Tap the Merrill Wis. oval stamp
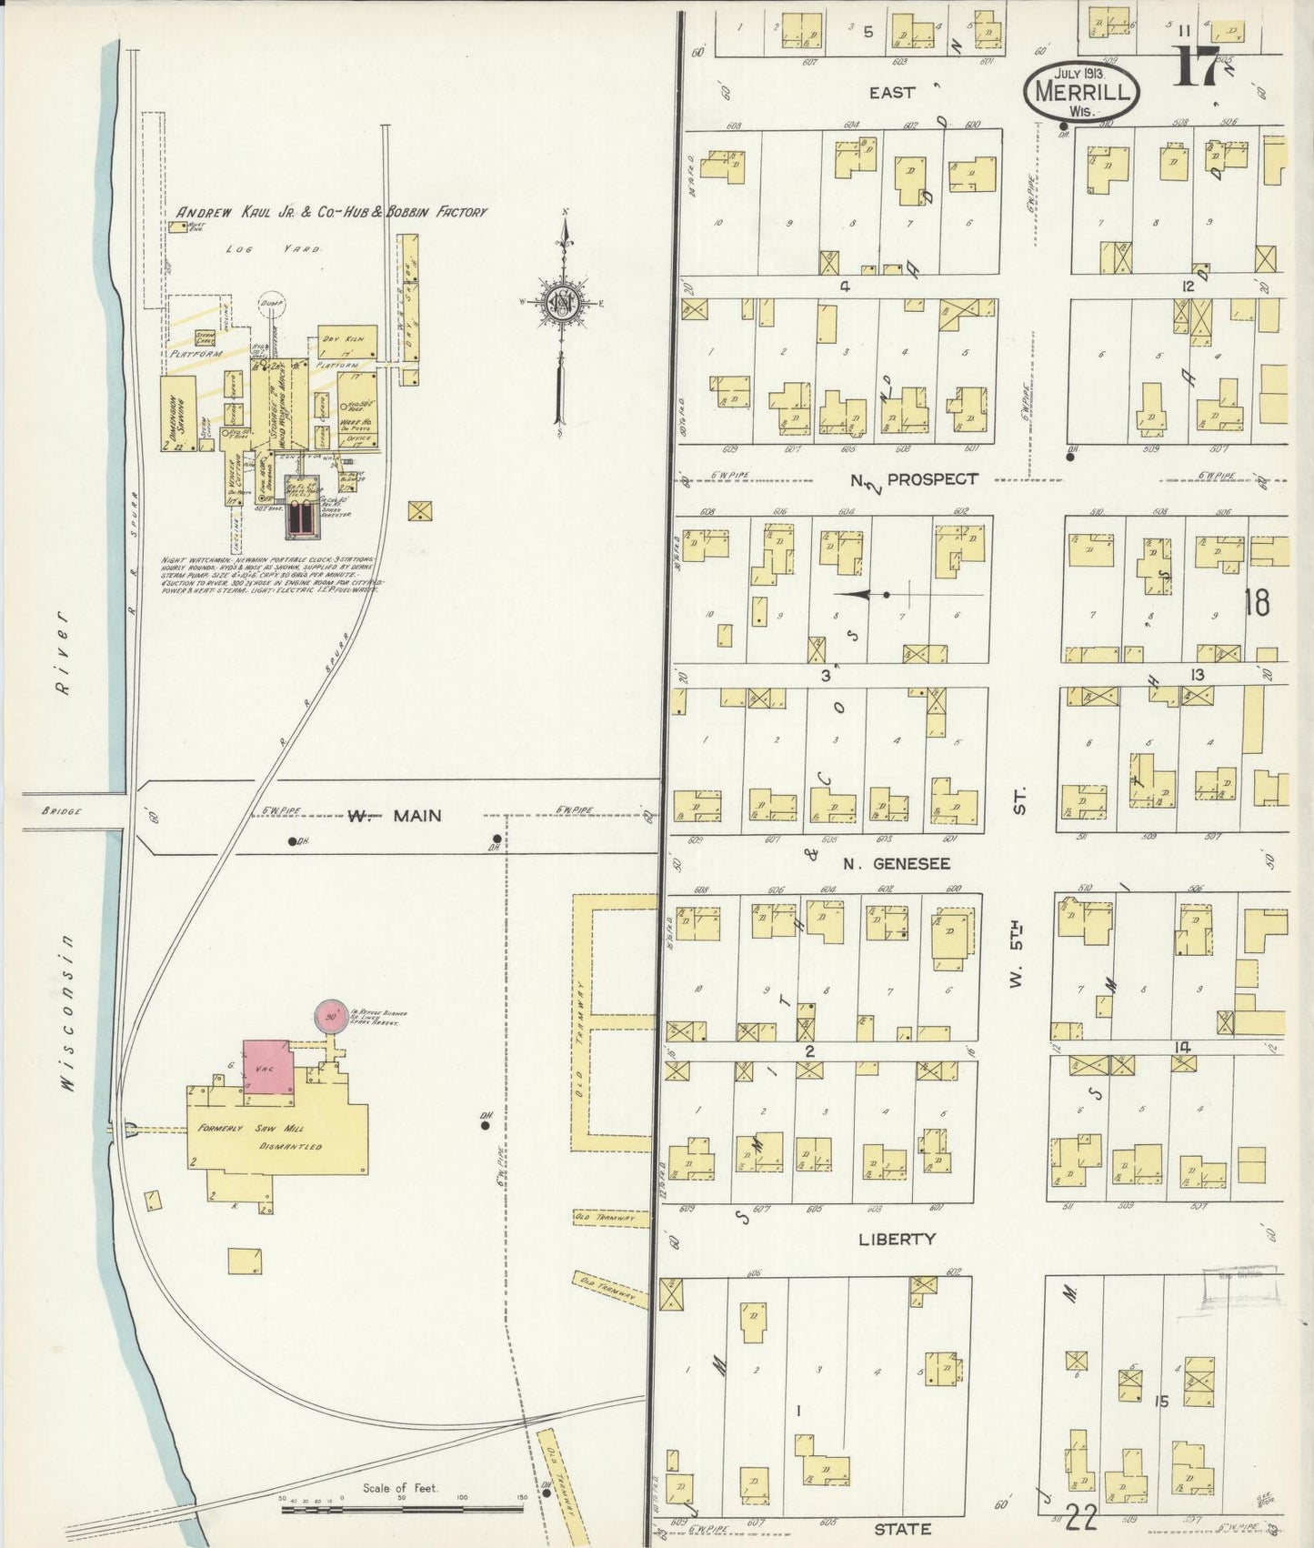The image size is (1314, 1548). pyautogui.click(x=1081, y=92)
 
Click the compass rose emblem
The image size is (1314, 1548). pyautogui.click(x=564, y=303)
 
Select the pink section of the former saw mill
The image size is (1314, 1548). pyautogui.click(x=267, y=1066)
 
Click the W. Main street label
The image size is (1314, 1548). pyautogui.click(x=396, y=816)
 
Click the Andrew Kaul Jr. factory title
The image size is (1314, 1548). pyautogui.click(x=331, y=212)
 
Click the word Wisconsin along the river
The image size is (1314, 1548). pyautogui.click(x=69, y=1010)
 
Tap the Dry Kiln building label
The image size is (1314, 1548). pyautogui.click(x=337, y=338)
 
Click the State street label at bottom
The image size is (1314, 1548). pyautogui.click(x=904, y=1528)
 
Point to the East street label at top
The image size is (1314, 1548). pyautogui.click(x=891, y=92)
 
